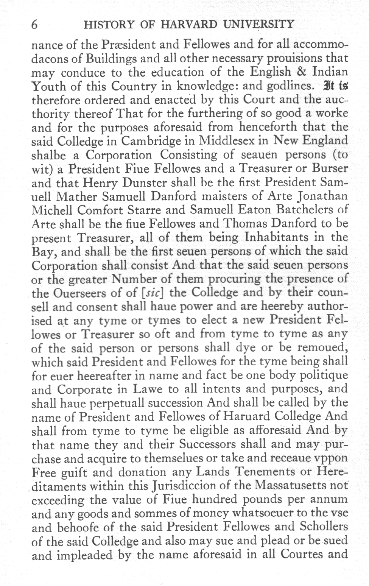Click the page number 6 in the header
pos(34,25)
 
